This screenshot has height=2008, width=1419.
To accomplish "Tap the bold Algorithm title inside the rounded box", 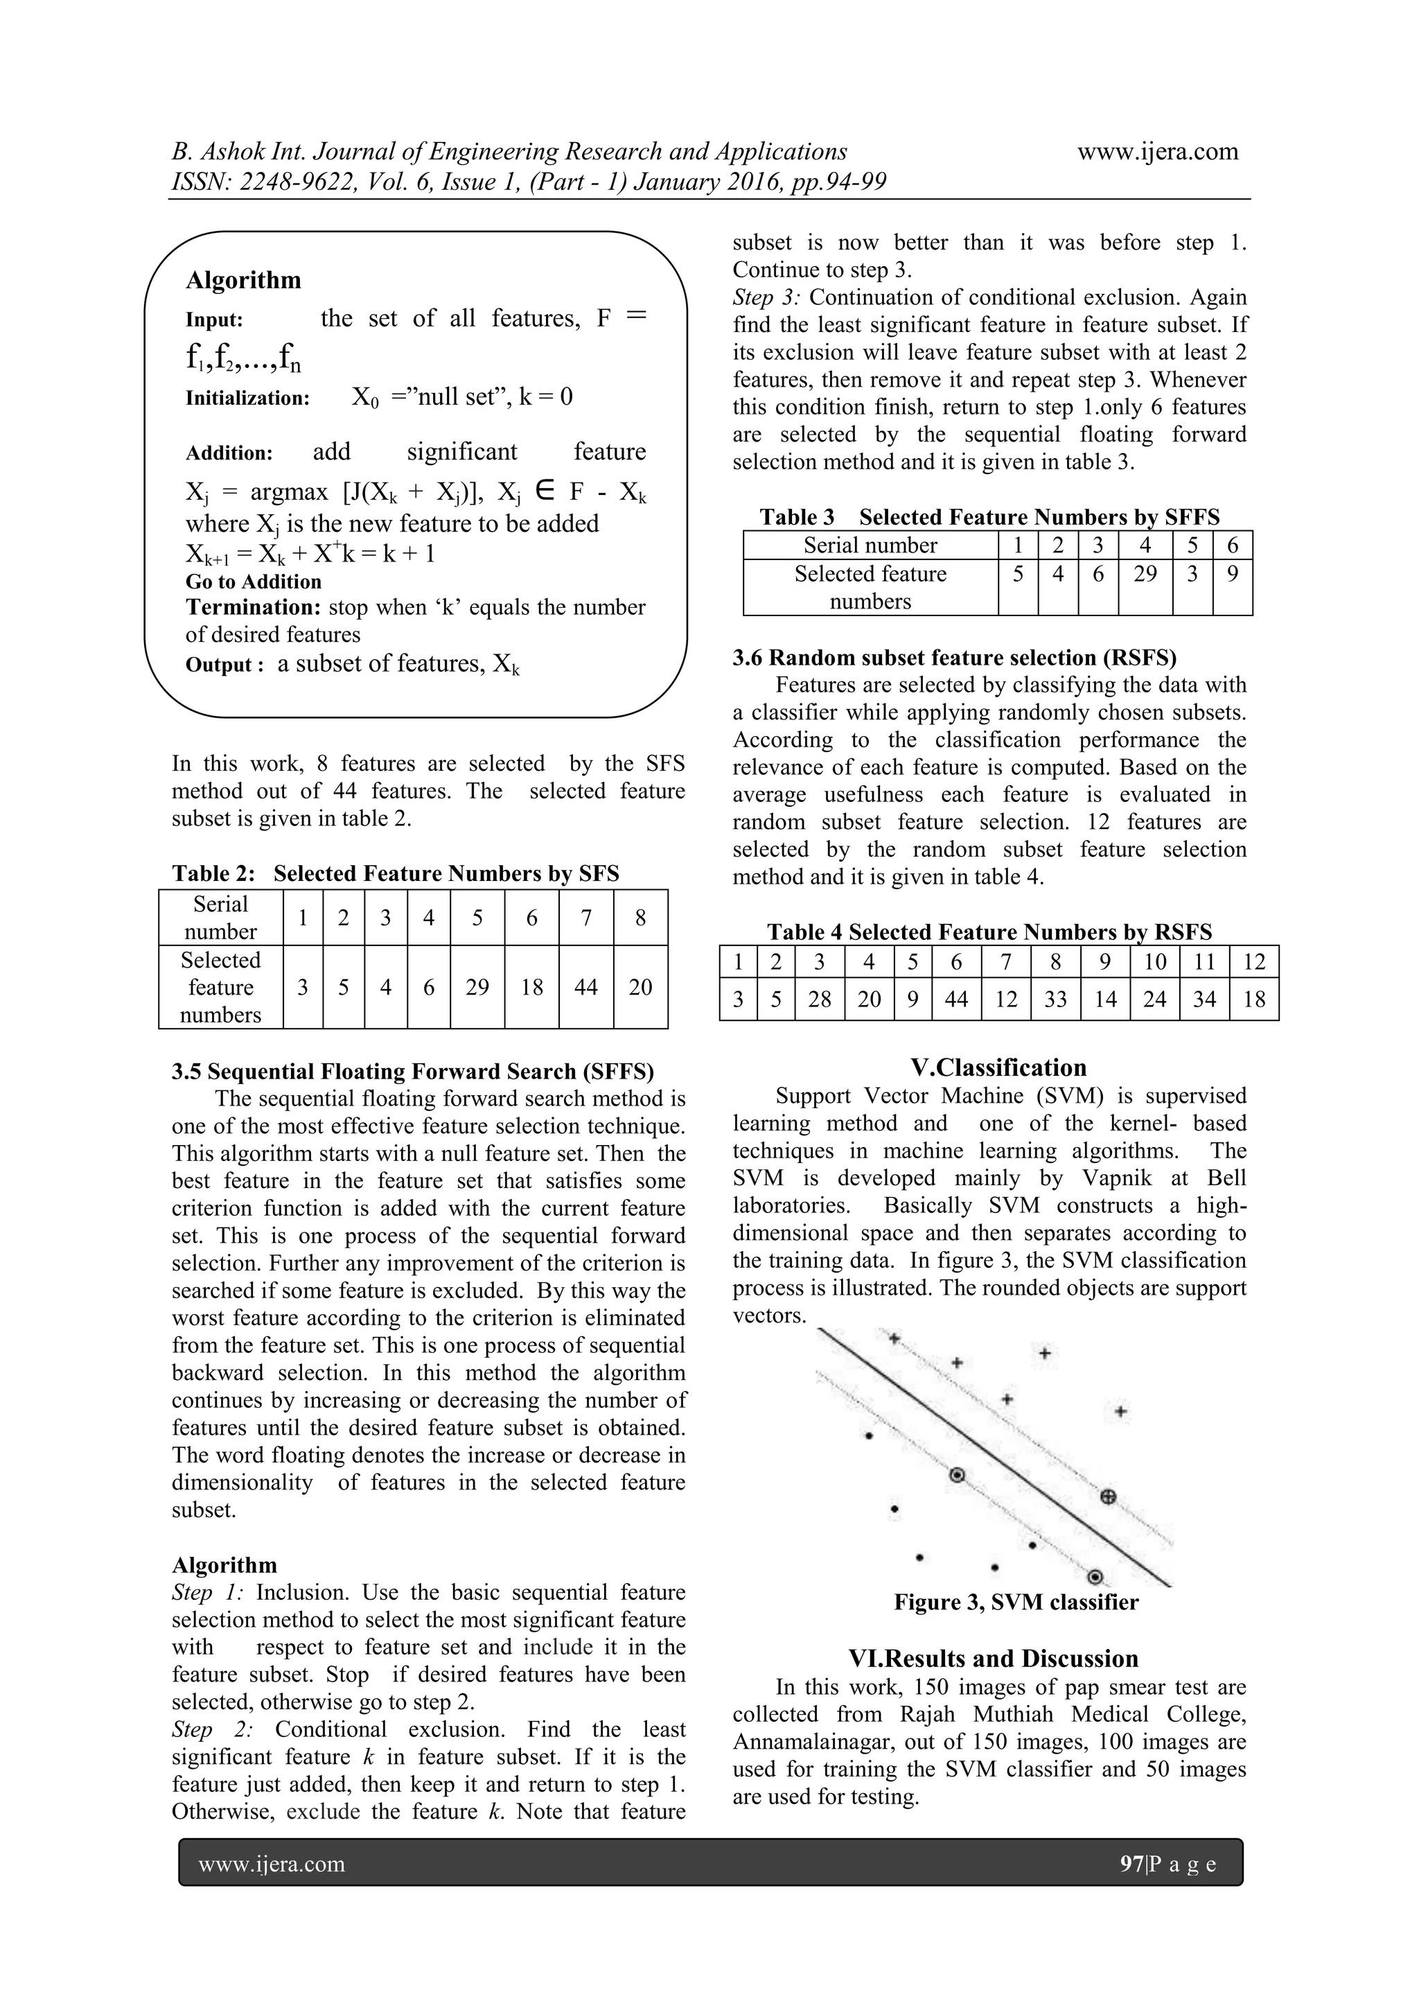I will click(x=243, y=280).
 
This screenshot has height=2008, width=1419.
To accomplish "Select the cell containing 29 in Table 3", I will click(x=1145, y=574).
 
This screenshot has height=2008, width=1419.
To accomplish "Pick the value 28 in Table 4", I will click(x=819, y=999).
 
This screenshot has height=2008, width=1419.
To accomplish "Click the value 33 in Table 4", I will click(x=1055, y=999).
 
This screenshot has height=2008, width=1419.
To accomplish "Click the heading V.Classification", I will click(x=998, y=1068).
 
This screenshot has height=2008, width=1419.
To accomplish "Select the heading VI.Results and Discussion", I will click(x=993, y=1659).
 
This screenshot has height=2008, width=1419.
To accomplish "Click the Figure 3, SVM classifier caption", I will click(x=1015, y=1603).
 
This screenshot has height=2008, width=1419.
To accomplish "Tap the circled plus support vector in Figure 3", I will click(x=1107, y=1496).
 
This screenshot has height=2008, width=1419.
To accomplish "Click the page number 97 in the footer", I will click(x=1131, y=1864).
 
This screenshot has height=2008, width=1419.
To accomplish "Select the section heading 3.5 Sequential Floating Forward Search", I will click(x=413, y=1072).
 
